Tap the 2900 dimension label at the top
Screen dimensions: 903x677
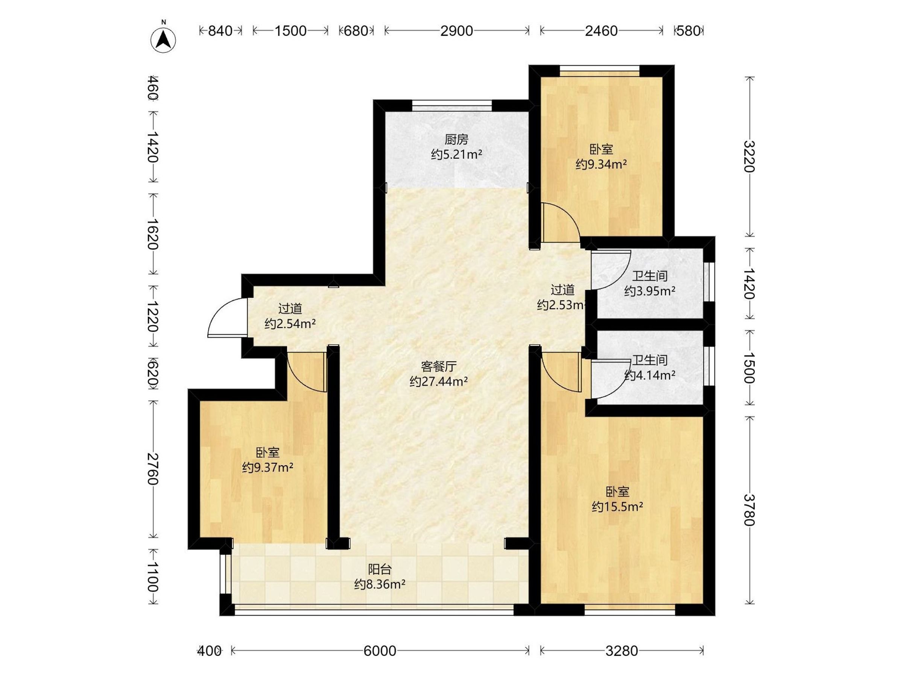pyautogui.click(x=456, y=30)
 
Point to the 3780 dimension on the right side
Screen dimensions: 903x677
pyautogui.click(x=749, y=510)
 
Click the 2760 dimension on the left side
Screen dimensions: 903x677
pyautogui.click(x=153, y=469)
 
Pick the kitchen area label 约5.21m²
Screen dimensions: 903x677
pyautogui.click(x=456, y=155)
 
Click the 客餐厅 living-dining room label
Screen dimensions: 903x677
pyautogui.click(x=438, y=366)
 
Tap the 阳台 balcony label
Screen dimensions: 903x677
pyautogui.click(x=380, y=569)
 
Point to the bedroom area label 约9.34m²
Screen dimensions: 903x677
pyautogui.click(x=601, y=164)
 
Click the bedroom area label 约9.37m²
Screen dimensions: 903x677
pyautogui.click(x=268, y=467)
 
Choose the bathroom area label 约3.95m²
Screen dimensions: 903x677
pyautogui.click(x=649, y=291)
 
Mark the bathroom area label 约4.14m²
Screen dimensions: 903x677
pyautogui.click(x=649, y=375)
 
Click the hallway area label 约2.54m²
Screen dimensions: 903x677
pyautogui.click(x=290, y=323)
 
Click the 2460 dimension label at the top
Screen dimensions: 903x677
pyautogui.click(x=601, y=30)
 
